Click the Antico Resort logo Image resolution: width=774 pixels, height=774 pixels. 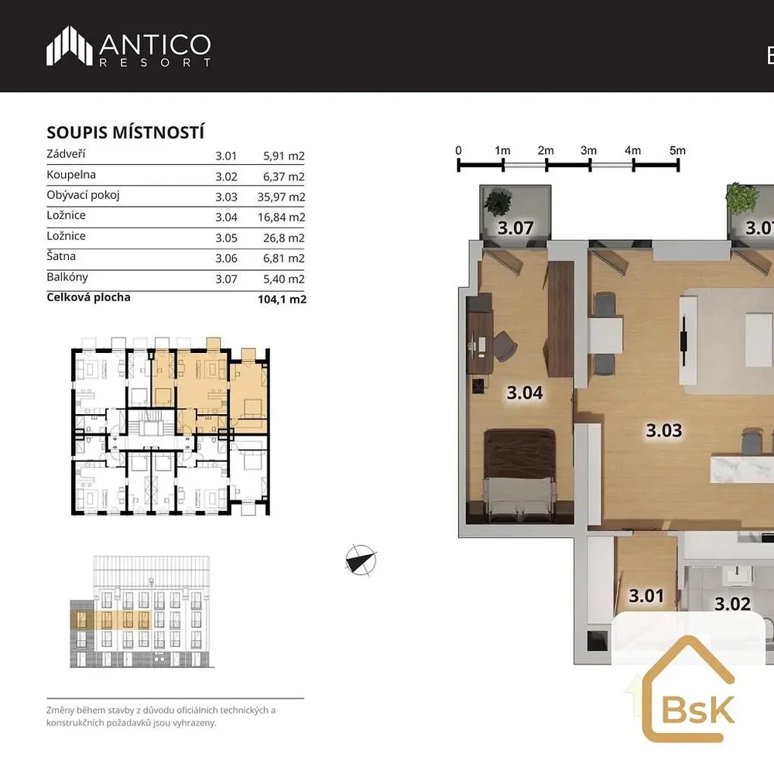pyautogui.click(x=128, y=46)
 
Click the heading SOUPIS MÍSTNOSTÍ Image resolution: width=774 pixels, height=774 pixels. pyautogui.click(x=125, y=132)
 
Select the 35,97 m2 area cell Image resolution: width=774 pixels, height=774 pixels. pyautogui.click(x=281, y=197)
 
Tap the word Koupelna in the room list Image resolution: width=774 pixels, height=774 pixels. pyautogui.click(x=71, y=175)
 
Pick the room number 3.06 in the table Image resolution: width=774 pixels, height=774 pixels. pyautogui.click(x=226, y=259)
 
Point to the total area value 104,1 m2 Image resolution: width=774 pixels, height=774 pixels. pyautogui.click(x=282, y=299)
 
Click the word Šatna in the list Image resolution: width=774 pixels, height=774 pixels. pyautogui.click(x=61, y=256)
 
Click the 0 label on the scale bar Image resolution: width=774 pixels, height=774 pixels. pyautogui.click(x=458, y=151)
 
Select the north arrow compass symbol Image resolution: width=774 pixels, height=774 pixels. pyautogui.click(x=361, y=560)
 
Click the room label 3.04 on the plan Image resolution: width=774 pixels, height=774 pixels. pyautogui.click(x=525, y=393)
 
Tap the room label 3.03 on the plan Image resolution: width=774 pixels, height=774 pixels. pyautogui.click(x=664, y=430)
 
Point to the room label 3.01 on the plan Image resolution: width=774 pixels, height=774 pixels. pyautogui.click(x=646, y=596)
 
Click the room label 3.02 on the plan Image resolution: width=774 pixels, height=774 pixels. pyautogui.click(x=732, y=604)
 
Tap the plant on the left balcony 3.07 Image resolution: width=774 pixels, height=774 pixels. pyautogui.click(x=498, y=202)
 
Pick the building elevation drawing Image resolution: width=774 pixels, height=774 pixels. pyautogui.click(x=142, y=612)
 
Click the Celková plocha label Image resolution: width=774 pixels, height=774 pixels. pyautogui.click(x=88, y=298)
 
